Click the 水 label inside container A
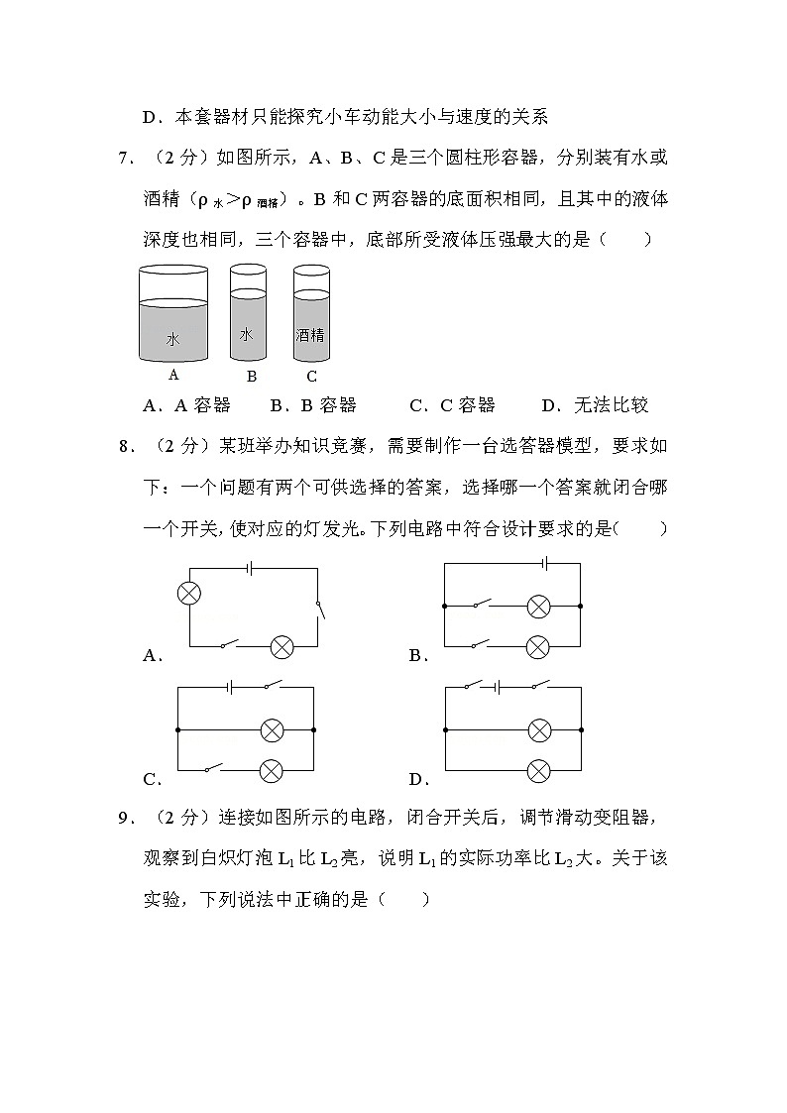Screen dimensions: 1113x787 [172, 339]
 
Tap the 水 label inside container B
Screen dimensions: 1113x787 [246, 334]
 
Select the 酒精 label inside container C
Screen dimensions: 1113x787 [310, 335]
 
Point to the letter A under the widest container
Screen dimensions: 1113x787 [173, 375]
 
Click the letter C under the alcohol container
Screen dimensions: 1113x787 [311, 377]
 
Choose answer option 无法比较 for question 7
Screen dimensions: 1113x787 [610, 404]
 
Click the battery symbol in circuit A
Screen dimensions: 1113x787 [252, 569]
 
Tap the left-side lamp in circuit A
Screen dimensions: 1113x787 [188, 593]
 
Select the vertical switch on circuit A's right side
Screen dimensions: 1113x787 [319, 608]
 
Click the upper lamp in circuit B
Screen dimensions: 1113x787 [538, 606]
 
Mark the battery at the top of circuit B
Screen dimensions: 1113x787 [545, 563]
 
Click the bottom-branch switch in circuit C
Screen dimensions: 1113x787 [212, 769]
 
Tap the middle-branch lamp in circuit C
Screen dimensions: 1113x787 [272, 730]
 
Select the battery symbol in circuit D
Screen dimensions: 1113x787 [499, 687]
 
